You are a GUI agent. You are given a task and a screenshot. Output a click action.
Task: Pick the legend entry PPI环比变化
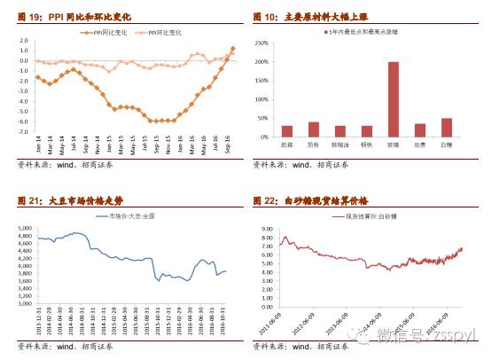pyautogui.click(x=165, y=32)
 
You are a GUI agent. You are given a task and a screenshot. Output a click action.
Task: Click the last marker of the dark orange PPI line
pyautogui.click(x=232, y=49)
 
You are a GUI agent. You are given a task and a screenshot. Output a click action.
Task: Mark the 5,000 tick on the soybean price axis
pyautogui.click(x=22, y=228)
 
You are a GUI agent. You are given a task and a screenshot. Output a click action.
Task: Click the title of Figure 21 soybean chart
pyautogui.click(x=73, y=200)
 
